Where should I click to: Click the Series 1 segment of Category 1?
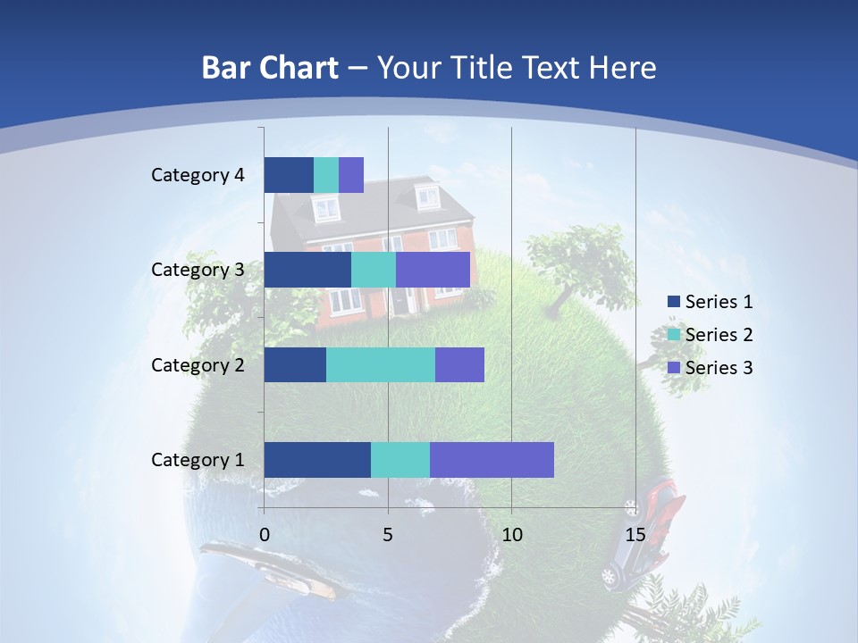pos(317,460)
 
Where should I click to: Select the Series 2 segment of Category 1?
pos(400,460)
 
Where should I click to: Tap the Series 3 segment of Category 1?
pos(492,460)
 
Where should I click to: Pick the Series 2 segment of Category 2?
pos(381,364)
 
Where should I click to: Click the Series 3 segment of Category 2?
pos(459,364)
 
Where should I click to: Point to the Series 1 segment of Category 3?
pos(307,270)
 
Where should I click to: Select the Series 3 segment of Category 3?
pos(433,270)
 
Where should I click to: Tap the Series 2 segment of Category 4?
pos(326,175)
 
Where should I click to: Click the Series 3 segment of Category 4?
pos(351,175)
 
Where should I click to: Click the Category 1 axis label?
pos(198,460)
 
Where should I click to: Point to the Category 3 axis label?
pos(198,270)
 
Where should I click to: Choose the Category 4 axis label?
pos(198,175)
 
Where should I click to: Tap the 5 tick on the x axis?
pos(388,535)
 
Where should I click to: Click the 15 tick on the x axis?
pos(635,535)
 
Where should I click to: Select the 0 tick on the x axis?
pos(265,535)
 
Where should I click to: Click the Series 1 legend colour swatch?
pos(673,302)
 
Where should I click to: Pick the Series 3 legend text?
pos(719,368)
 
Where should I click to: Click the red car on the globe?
pos(663,496)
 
